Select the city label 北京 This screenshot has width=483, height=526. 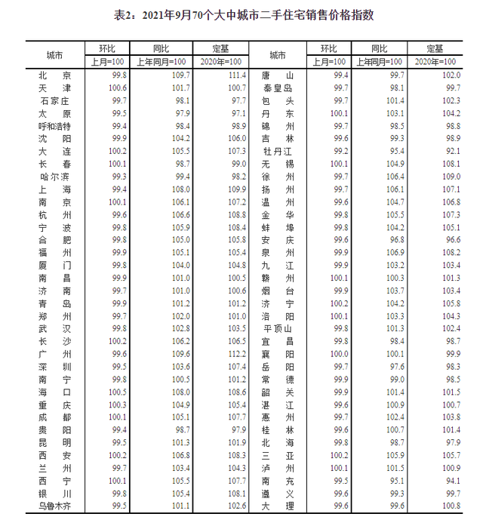(55, 75)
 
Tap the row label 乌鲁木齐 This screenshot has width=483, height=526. (55, 505)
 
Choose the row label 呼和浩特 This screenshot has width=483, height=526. (55, 125)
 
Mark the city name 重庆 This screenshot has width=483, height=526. (55, 404)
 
